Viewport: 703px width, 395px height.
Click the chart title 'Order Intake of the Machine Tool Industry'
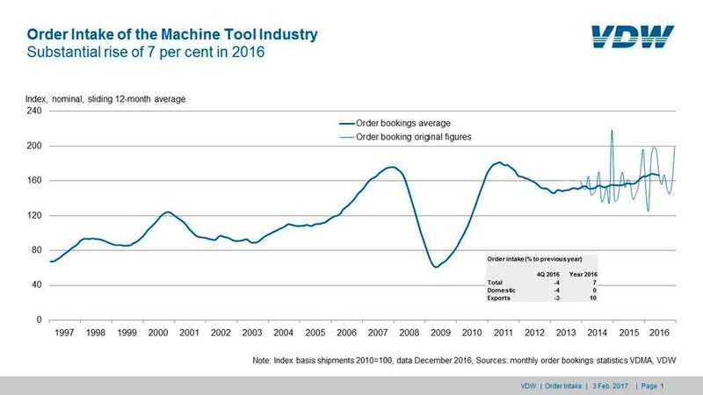pyautogui.click(x=172, y=35)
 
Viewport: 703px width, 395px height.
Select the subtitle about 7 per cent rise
pyautogui.click(x=147, y=53)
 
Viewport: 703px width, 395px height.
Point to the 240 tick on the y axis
pyautogui.click(x=34, y=111)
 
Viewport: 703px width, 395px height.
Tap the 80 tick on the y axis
pyautogui.click(x=37, y=250)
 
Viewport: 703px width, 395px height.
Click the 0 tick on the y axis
pyautogui.click(x=40, y=320)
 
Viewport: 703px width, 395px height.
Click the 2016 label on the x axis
pyautogui.click(x=658, y=334)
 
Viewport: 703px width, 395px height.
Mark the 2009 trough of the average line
pyautogui.click(x=436, y=267)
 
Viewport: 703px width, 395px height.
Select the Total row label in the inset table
pyautogui.click(x=497, y=282)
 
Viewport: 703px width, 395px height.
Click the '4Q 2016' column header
pyautogui.click(x=548, y=273)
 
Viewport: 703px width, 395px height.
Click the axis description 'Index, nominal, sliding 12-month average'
pyautogui.click(x=104, y=99)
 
